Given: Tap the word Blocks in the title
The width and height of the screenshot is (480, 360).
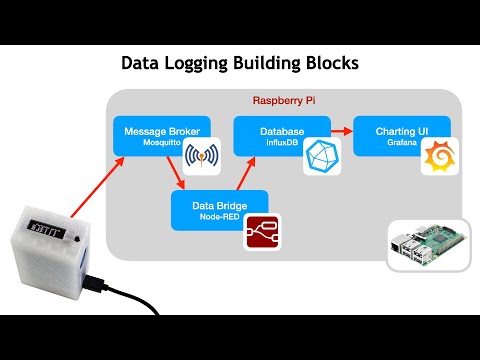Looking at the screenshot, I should (x=326, y=63).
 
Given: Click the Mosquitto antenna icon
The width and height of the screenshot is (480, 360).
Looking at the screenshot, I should (x=201, y=158).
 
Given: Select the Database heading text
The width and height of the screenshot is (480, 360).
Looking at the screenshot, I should (x=268, y=131).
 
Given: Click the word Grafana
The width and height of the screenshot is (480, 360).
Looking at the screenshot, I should (x=391, y=143).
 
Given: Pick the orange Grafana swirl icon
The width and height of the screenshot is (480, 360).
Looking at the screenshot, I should (x=439, y=157).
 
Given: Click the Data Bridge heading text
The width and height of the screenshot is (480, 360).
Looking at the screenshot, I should (x=219, y=205).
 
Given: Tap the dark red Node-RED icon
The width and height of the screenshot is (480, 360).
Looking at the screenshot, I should (x=264, y=231).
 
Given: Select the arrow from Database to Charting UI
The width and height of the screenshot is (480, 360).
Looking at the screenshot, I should (x=338, y=130).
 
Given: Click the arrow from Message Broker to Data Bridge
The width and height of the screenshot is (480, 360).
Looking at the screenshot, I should (x=179, y=176).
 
